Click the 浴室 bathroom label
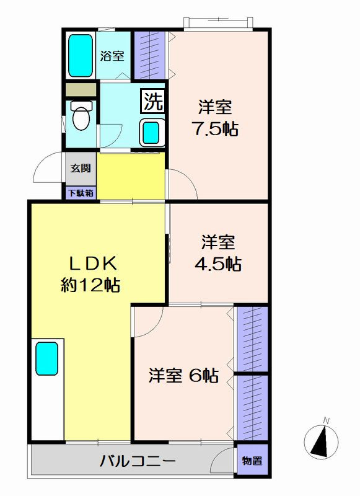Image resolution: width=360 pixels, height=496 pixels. (112, 56)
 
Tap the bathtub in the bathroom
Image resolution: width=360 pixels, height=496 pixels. (81, 56)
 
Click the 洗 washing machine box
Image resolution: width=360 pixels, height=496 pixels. (153, 101)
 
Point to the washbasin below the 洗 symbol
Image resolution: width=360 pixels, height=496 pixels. (152, 133)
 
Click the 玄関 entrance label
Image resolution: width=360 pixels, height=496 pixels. (81, 168)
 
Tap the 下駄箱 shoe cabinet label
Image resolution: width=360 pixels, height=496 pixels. (81, 193)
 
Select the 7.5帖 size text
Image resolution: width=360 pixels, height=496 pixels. (216, 128)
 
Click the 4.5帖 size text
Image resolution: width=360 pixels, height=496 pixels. (217, 264)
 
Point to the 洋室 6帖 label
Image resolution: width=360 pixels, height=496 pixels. (183, 376)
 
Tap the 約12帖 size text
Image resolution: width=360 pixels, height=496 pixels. (90, 285)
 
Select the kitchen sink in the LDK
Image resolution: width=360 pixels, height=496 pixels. (46, 358)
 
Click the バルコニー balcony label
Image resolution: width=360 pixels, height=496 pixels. (137, 461)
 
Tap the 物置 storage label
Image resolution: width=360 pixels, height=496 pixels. (252, 461)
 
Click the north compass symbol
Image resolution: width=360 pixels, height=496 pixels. (321, 441)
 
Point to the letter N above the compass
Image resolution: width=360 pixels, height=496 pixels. (326, 421)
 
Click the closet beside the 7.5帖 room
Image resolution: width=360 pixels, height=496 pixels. (149, 55)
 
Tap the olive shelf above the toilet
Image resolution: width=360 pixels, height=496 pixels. (81, 89)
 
